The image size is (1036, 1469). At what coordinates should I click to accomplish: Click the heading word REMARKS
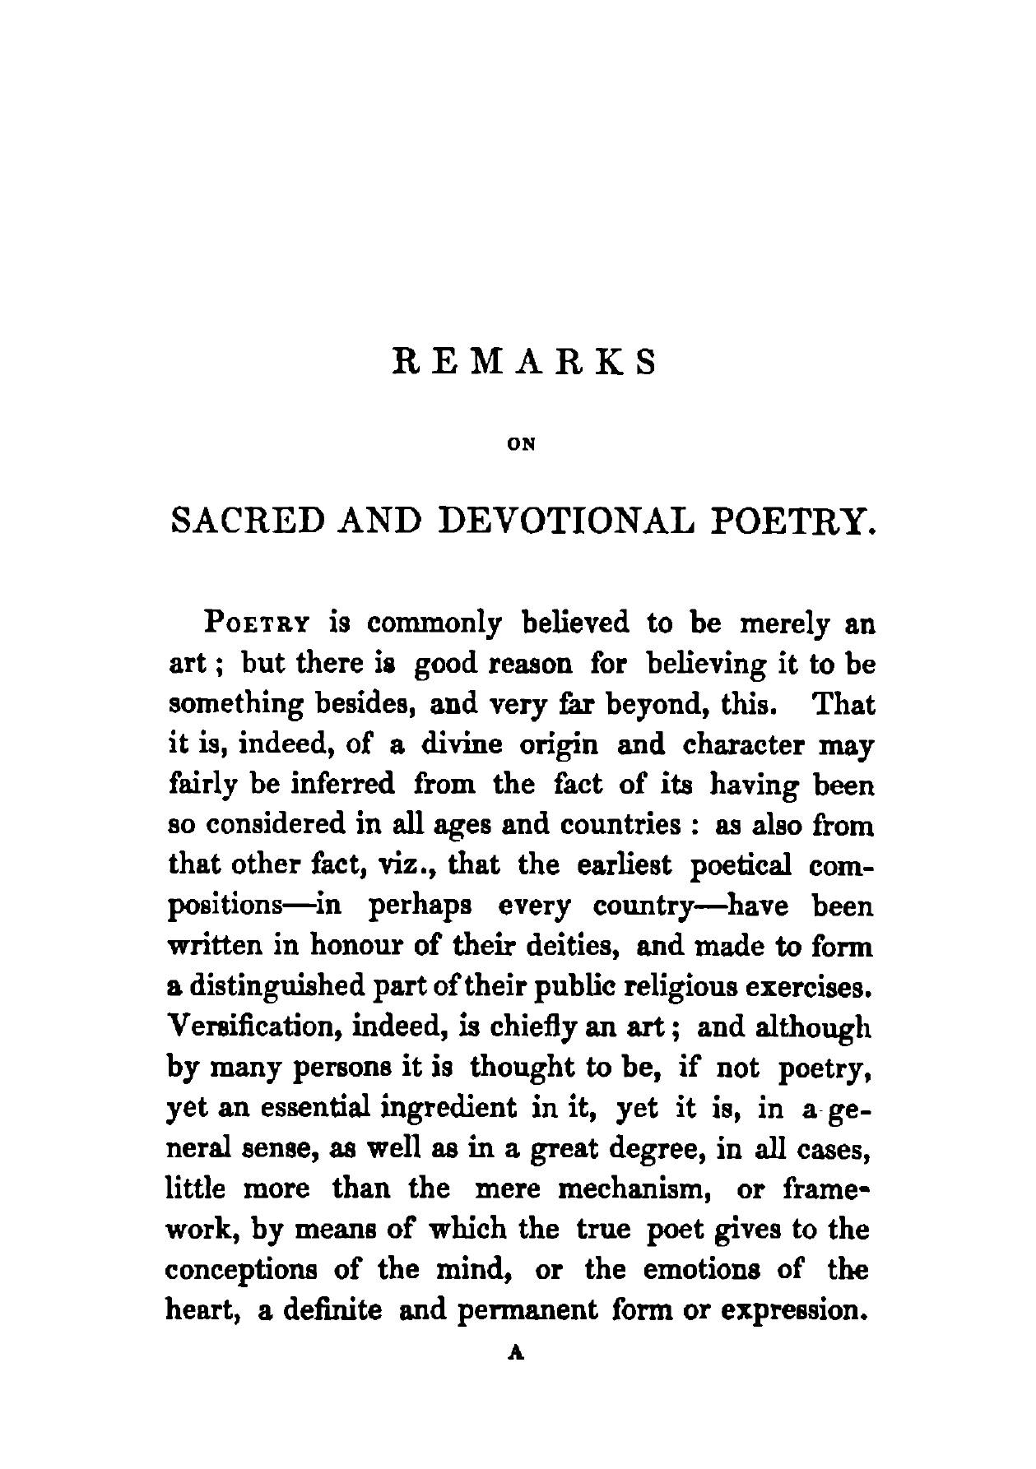click(x=524, y=362)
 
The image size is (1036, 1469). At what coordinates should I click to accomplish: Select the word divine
click(x=461, y=745)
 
